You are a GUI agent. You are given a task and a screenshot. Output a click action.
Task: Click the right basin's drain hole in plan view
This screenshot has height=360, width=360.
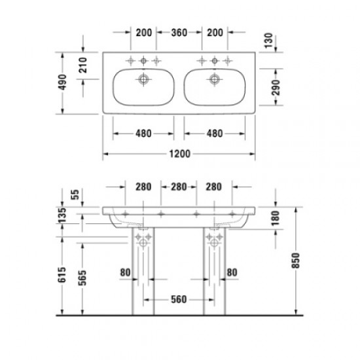[x=213, y=80]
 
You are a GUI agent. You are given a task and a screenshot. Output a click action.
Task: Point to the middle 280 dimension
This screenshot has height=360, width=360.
[x=178, y=187]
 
